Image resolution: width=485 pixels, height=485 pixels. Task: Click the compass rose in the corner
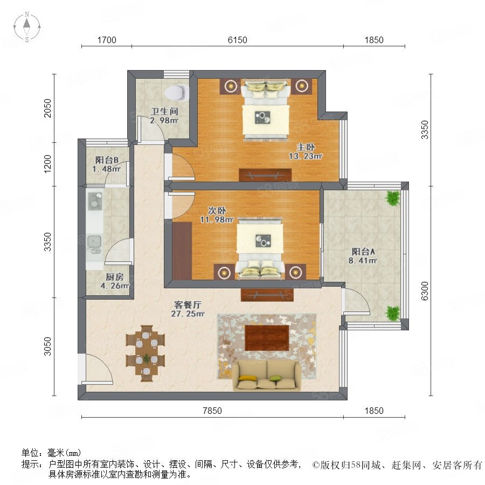(x=27, y=27)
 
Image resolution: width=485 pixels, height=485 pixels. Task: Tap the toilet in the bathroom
(x=177, y=93)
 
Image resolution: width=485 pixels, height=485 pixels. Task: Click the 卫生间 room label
(x=164, y=112)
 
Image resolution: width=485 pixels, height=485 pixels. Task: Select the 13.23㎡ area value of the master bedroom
(x=306, y=156)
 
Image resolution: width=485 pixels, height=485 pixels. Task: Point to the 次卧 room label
(x=217, y=211)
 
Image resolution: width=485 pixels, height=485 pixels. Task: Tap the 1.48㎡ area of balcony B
(x=106, y=169)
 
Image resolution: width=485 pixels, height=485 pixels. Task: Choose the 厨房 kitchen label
(x=114, y=276)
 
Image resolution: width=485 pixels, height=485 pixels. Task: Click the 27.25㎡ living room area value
(x=188, y=314)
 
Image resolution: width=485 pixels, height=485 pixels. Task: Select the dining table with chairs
(x=145, y=353)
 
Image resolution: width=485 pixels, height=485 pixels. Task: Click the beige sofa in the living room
(x=266, y=375)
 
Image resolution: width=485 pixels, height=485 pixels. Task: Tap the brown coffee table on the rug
(x=267, y=338)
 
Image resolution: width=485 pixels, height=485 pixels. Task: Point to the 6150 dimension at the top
(x=237, y=40)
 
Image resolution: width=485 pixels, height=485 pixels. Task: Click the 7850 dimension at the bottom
(x=212, y=411)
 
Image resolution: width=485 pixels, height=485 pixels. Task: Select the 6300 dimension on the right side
(x=425, y=291)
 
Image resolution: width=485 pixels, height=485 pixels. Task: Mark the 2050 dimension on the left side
(x=47, y=108)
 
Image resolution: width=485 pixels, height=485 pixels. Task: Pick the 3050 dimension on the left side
(x=47, y=347)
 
